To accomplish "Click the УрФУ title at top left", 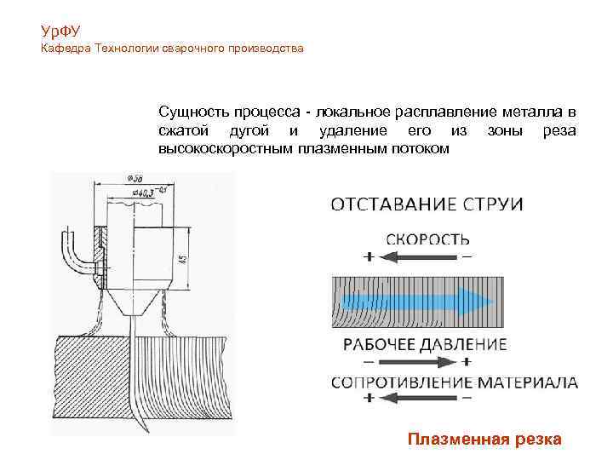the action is click(60, 32).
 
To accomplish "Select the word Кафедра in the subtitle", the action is click(66, 49).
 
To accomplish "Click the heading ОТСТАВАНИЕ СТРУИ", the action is click(427, 204).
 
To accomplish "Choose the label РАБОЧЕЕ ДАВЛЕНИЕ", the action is click(425, 345).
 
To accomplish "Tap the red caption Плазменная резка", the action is click(484, 440).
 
